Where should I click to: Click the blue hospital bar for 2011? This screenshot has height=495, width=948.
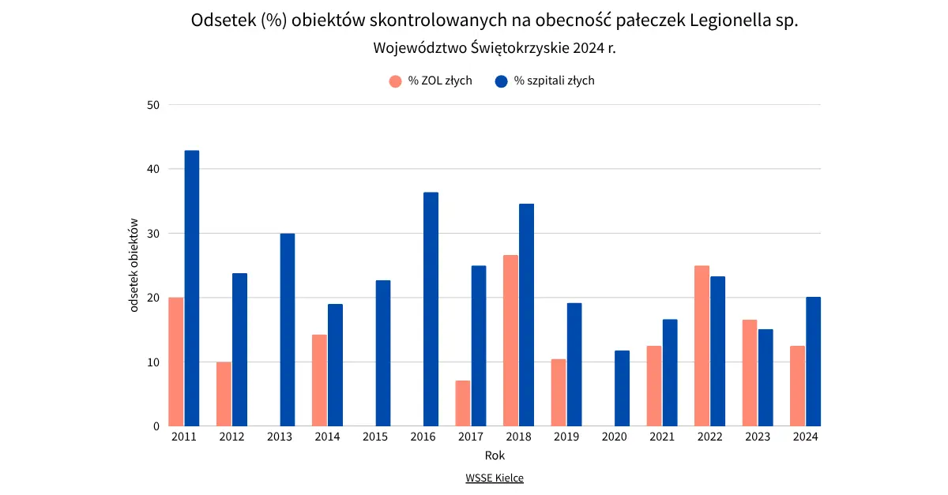click(x=192, y=288)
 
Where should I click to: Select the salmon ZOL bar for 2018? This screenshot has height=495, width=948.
click(x=510, y=340)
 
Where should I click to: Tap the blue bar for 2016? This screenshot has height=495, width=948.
click(x=431, y=309)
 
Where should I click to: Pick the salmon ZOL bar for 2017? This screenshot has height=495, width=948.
click(x=463, y=403)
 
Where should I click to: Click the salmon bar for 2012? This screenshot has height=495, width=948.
click(x=224, y=394)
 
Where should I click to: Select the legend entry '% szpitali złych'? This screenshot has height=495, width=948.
click(x=554, y=81)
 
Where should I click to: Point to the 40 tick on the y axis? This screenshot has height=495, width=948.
click(x=153, y=169)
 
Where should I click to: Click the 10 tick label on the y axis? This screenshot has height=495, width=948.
click(x=153, y=362)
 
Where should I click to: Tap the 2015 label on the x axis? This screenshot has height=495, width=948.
click(x=375, y=437)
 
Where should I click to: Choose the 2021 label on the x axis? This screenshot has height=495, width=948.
click(x=662, y=437)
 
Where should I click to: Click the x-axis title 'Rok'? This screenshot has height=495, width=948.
click(x=495, y=456)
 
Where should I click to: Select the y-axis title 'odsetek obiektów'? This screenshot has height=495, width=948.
click(x=134, y=265)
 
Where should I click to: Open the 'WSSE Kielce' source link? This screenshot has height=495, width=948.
click(x=495, y=478)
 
